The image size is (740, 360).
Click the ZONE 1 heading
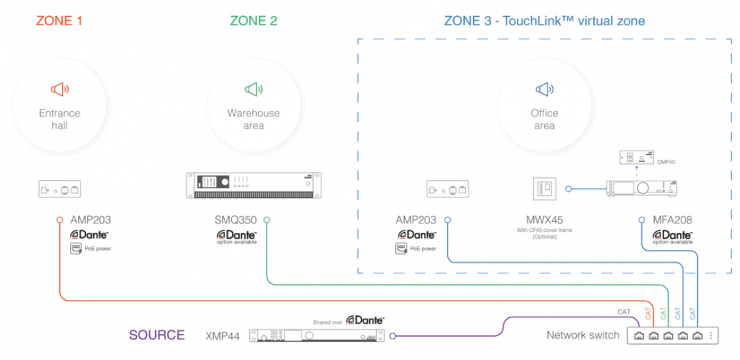(59, 21)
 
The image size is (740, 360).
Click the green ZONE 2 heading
(253, 21)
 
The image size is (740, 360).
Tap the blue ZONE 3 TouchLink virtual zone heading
(544, 21)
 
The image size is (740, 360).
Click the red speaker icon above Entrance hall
(59, 89)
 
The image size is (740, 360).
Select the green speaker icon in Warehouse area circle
(253, 89)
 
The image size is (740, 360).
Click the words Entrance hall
(59, 119)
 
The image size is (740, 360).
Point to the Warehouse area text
(253, 119)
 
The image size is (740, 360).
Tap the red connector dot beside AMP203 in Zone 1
(59, 220)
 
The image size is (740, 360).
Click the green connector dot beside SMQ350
(267, 219)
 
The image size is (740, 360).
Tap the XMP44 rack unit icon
(317, 335)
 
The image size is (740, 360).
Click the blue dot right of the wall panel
(568, 189)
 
